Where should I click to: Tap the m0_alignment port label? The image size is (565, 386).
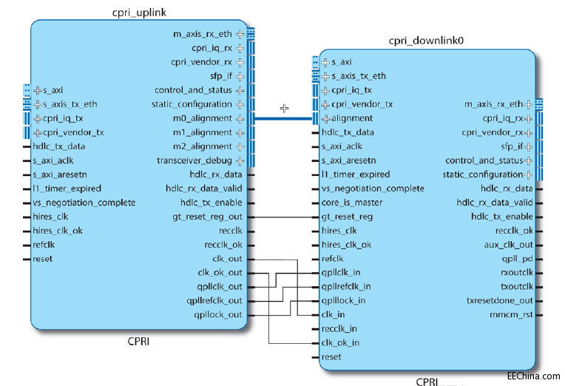[x=201, y=118]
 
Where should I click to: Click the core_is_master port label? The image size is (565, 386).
[x=352, y=203]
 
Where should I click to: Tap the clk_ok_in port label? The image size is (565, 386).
[x=340, y=342]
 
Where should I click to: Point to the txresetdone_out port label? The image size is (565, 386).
[x=499, y=301]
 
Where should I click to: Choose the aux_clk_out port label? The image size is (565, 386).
[x=507, y=245]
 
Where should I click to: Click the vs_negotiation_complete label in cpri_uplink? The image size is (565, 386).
[x=84, y=203]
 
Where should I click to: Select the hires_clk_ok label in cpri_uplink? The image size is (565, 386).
[x=58, y=231]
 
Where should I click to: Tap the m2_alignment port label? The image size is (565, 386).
[x=201, y=146]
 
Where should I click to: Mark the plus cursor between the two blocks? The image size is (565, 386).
[x=284, y=108]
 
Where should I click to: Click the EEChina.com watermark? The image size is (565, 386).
[x=534, y=376]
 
